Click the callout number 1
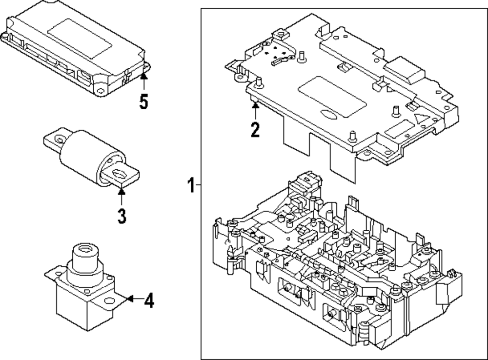(x=191, y=185)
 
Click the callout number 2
(x=255, y=129)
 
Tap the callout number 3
(x=122, y=216)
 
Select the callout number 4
(x=149, y=300)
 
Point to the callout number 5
(x=143, y=101)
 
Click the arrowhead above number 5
(x=143, y=75)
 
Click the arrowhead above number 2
(x=255, y=105)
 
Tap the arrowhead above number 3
(x=122, y=191)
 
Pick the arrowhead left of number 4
(x=130, y=299)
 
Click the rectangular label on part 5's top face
(x=80, y=39)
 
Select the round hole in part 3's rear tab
(x=59, y=139)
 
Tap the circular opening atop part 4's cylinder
(x=84, y=249)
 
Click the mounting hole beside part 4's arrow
(x=109, y=300)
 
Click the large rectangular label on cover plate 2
(x=332, y=97)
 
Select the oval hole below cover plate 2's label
(x=328, y=115)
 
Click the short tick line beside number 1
(x=198, y=185)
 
